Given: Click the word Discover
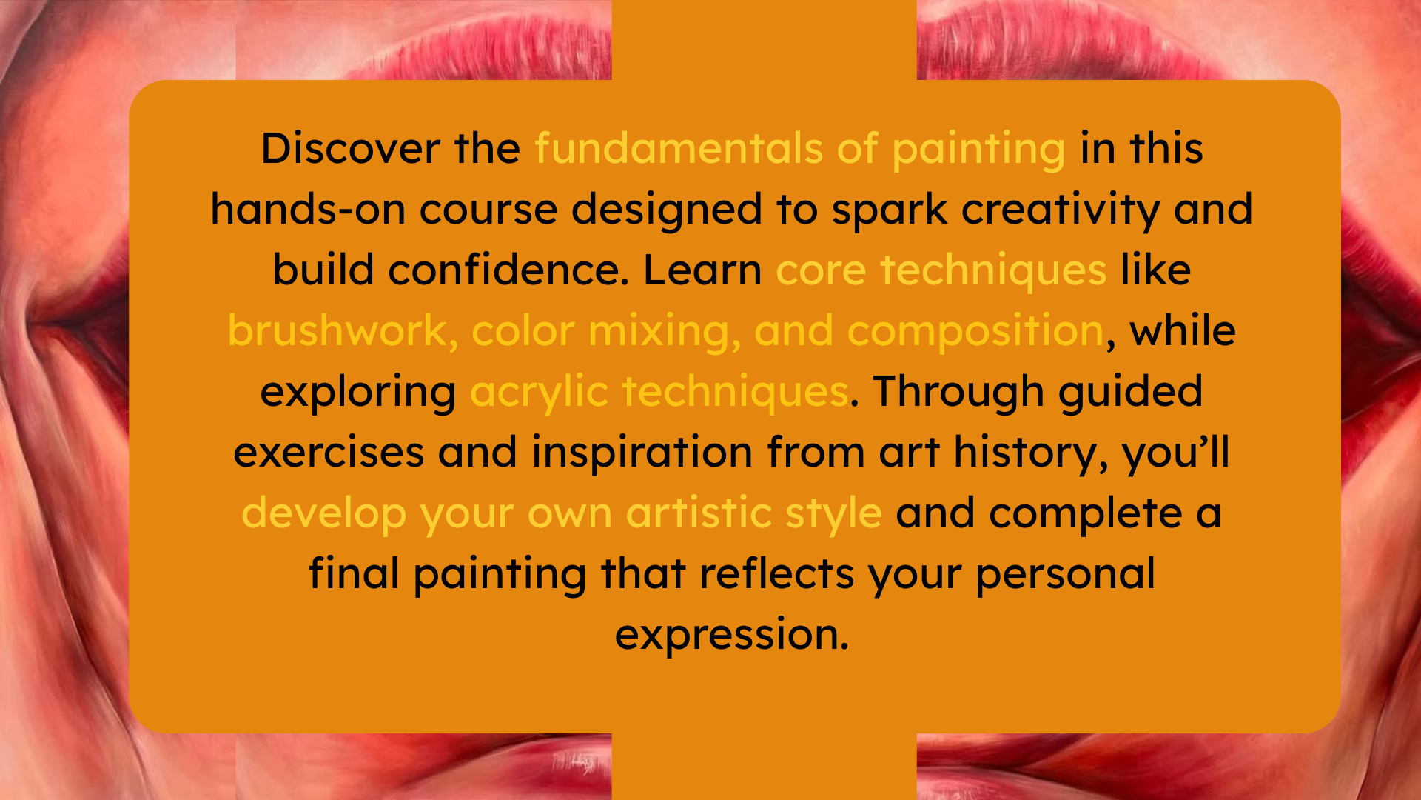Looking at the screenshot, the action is [x=351, y=148].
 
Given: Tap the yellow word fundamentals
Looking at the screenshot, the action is [x=679, y=148].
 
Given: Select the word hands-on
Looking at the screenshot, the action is [x=308, y=209].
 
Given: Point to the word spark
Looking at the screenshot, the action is [x=889, y=212].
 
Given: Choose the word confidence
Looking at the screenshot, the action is [x=508, y=270].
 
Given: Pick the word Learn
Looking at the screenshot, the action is [x=702, y=270].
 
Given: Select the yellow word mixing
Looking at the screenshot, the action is [x=665, y=333].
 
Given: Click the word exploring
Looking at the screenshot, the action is [x=358, y=394].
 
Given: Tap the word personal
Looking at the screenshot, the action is [x=1065, y=576].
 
